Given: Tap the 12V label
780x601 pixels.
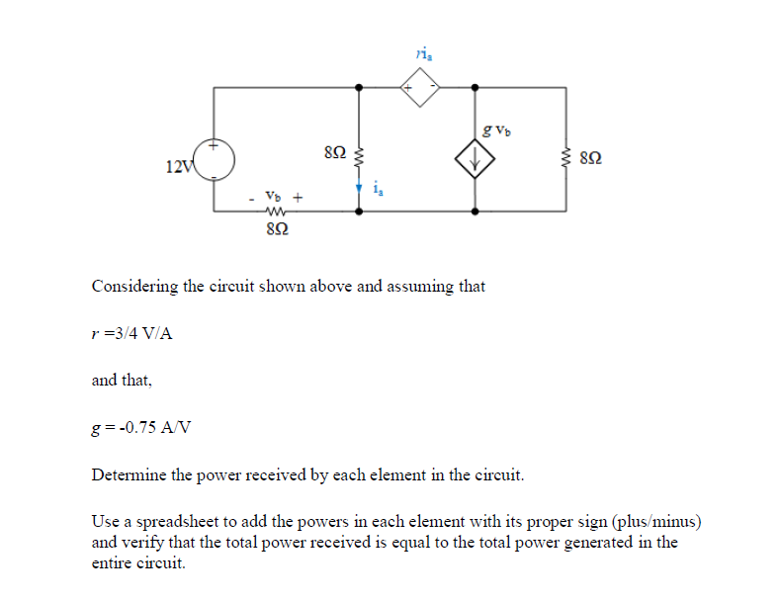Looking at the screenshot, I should coord(180,165).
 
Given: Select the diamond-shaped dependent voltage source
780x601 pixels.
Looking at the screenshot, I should coord(421,88).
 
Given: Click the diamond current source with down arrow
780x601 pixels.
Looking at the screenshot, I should coord(476,157).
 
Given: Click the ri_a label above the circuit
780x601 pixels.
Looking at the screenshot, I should coord(423,55).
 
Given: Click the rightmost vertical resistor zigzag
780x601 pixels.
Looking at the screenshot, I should coord(566,155).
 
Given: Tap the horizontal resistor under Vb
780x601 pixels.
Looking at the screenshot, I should coord(277,211).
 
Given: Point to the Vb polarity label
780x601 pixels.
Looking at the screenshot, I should coord(277,197).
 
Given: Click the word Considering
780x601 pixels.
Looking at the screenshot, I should coord(136,287).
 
